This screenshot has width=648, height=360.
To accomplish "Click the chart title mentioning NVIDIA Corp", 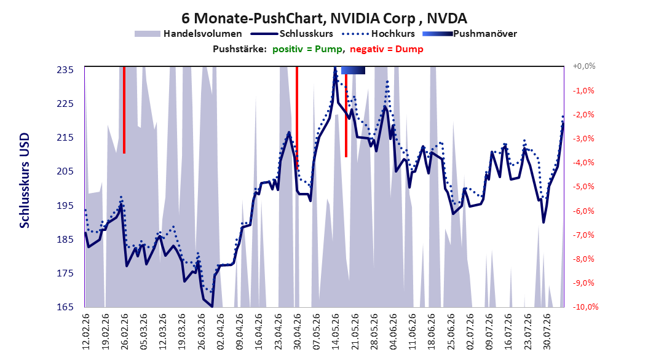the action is click(x=324, y=18).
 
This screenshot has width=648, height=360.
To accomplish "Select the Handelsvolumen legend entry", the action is click(x=188, y=34).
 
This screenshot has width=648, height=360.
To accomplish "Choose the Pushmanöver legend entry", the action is click(x=470, y=34).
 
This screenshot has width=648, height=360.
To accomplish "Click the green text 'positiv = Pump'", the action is click(x=307, y=49).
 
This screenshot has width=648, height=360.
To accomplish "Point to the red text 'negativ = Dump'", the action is click(x=387, y=49).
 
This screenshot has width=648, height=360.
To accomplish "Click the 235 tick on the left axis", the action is click(x=65, y=70).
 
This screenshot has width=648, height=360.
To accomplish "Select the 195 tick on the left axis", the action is click(x=65, y=206).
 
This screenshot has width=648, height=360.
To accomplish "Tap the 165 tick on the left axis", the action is click(x=65, y=307).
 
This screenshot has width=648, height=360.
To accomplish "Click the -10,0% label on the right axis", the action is click(x=585, y=307).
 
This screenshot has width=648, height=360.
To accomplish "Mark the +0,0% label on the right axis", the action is click(x=584, y=66).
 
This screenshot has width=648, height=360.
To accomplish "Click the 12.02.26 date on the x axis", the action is click(x=86, y=332).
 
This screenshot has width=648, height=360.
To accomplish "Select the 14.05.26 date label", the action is click(x=336, y=332).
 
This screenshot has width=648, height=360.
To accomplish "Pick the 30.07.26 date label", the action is click(x=547, y=332).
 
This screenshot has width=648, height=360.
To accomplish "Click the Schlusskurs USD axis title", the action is click(x=25, y=181).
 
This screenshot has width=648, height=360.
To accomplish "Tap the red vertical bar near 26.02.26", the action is click(x=124, y=110).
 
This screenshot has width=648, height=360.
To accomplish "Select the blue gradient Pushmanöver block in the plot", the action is click(x=353, y=70).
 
